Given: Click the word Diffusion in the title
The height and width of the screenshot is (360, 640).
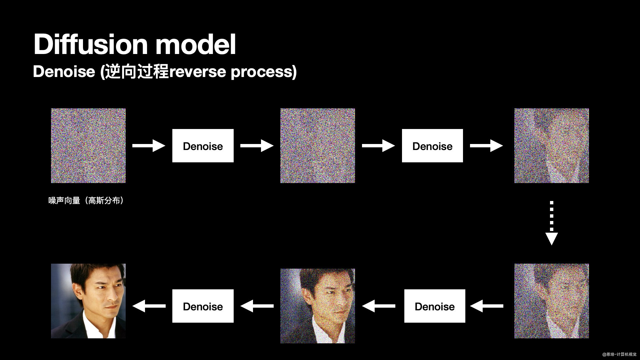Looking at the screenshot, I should coord(90,44).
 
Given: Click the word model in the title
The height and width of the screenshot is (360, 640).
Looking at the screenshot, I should coord(196,44).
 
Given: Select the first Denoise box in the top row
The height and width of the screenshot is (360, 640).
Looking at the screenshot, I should coord(203,146).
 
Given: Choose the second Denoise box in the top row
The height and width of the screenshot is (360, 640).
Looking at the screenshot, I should coord(432,146).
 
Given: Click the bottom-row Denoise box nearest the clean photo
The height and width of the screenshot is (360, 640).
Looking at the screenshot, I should coord(203,306).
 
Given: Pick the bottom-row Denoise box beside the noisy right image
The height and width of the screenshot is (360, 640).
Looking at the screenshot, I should coord(435,306).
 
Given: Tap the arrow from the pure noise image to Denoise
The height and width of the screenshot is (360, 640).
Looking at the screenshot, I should coord(149,146).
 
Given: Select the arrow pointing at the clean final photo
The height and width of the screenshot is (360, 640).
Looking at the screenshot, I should coord(149,306).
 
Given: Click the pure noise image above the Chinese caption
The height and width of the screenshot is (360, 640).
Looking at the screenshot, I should coord(88,146).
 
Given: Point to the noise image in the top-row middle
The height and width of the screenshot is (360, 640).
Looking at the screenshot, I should coord(318,146).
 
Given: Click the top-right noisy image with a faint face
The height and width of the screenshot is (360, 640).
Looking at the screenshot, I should coord(552,146).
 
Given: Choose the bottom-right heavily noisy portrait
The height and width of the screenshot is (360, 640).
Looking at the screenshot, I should coord(552,301).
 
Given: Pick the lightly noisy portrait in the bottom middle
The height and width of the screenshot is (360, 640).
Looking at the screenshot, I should coord(318,306).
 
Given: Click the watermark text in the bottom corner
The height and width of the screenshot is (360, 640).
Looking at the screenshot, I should coord(619,354).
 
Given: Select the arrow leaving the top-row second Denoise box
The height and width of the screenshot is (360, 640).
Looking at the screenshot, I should coord(486,146).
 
